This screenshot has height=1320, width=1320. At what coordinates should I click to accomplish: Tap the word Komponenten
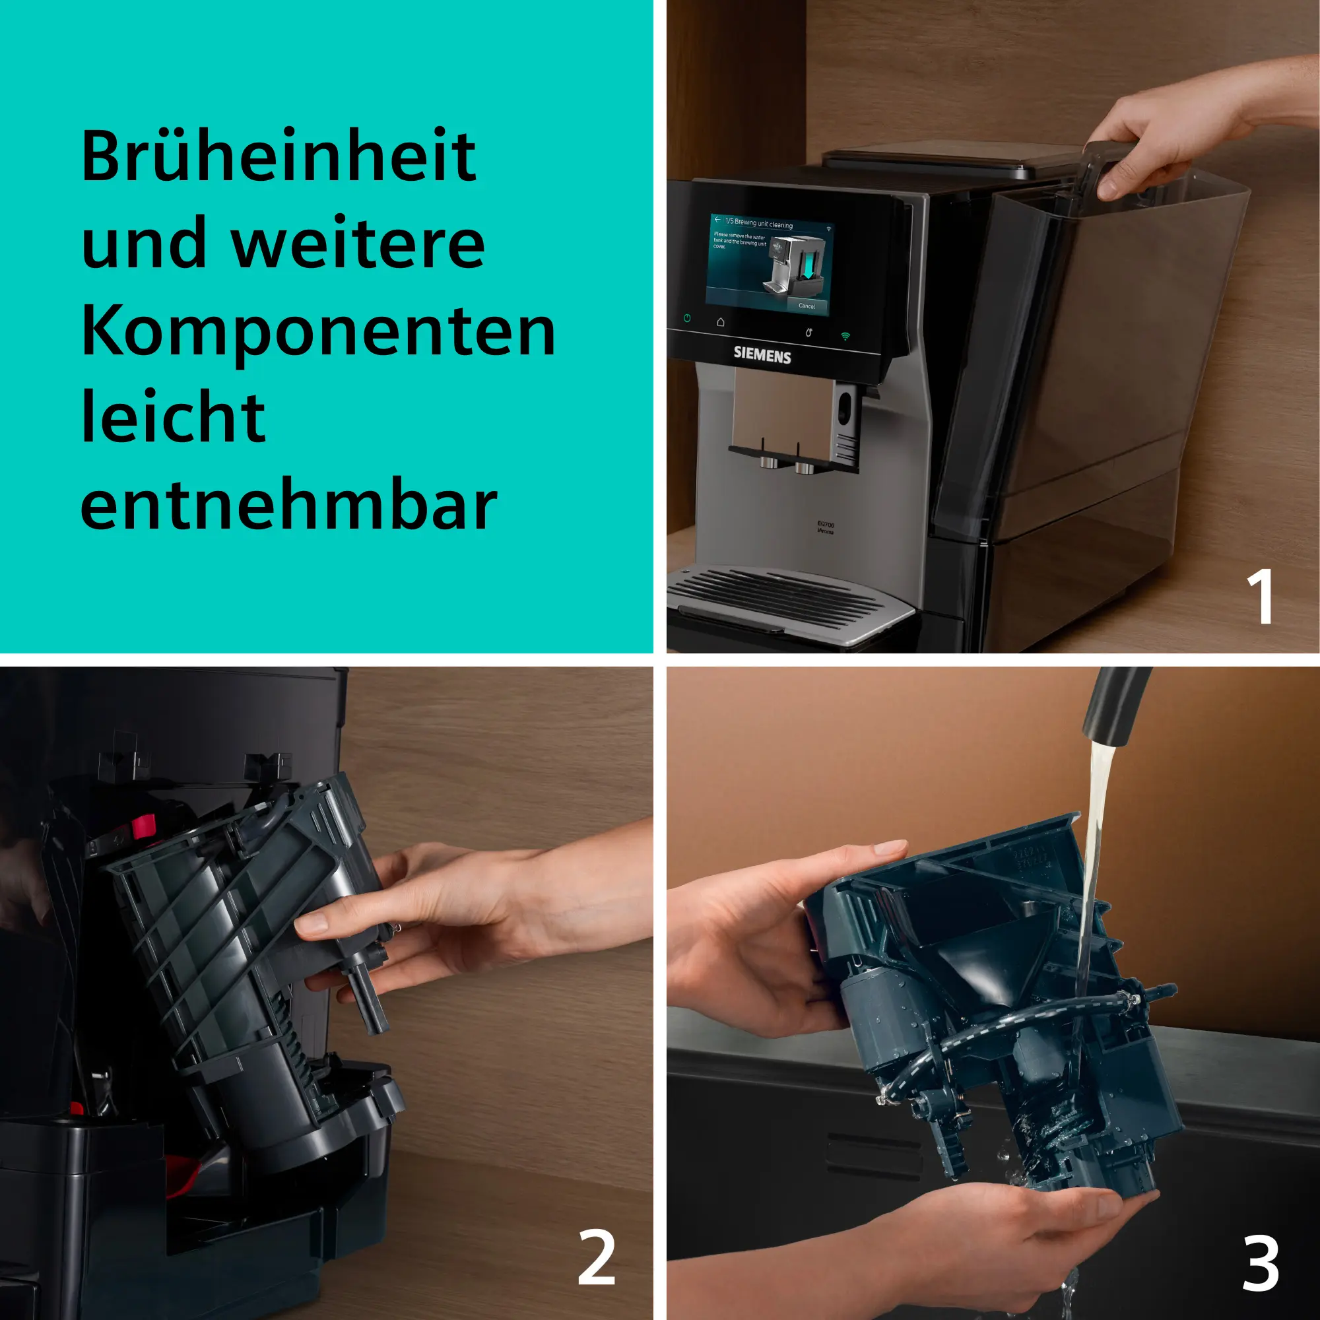tap(317, 332)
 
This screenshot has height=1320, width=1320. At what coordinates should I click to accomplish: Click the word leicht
tap(173, 418)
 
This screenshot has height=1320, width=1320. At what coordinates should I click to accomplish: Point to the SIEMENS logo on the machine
tap(762, 355)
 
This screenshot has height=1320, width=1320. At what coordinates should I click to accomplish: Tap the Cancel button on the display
tap(807, 306)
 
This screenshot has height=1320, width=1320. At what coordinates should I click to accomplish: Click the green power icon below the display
tap(686, 318)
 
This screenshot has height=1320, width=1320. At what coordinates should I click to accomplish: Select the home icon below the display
tap(720, 322)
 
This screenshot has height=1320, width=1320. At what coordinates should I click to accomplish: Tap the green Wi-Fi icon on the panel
tap(845, 336)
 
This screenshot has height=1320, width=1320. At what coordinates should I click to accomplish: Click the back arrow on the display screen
tap(717, 220)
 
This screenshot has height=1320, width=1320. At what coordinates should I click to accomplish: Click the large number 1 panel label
tap(1259, 596)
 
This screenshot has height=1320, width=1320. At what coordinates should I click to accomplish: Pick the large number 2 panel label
tap(596, 1258)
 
